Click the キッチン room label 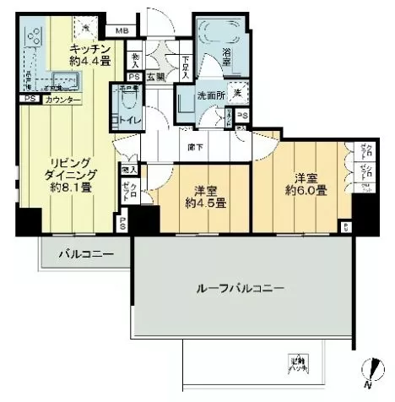86,49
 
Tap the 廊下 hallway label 196,145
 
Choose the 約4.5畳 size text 207,203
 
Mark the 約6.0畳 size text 305,192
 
